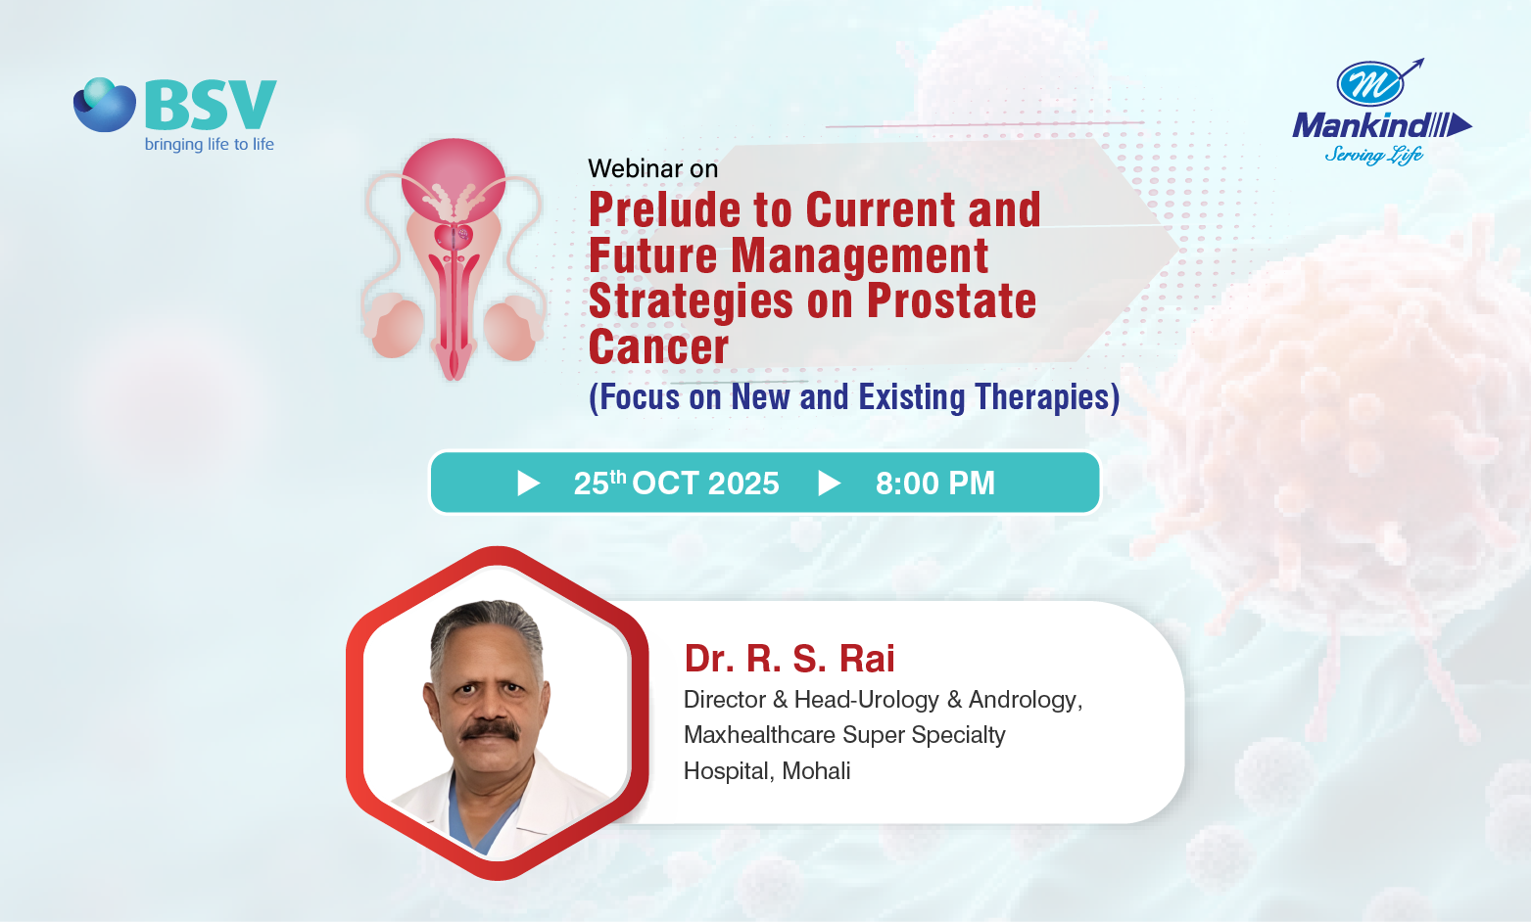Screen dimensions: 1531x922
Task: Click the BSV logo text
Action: coord(211,105)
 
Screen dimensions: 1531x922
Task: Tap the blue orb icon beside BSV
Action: coord(105,105)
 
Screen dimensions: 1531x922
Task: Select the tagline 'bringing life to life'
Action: coord(210,144)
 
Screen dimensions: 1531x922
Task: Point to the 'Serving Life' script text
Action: coord(1374,155)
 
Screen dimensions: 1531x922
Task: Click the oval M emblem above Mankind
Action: coord(1370,84)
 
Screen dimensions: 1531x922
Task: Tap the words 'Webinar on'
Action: coord(652,168)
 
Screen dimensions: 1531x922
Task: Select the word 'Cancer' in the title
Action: coord(658,346)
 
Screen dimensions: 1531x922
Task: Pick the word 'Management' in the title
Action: coord(860,256)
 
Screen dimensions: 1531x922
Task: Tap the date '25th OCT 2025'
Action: coord(676,483)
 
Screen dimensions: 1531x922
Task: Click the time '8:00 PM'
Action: coord(935,483)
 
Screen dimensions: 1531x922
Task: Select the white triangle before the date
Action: coord(527,483)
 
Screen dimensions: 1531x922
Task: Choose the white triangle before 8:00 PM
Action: coord(829,483)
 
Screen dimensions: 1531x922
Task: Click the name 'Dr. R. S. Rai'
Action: coord(789,659)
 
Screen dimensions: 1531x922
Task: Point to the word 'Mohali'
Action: coord(816,770)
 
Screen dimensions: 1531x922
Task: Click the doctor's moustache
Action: coord(491,730)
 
